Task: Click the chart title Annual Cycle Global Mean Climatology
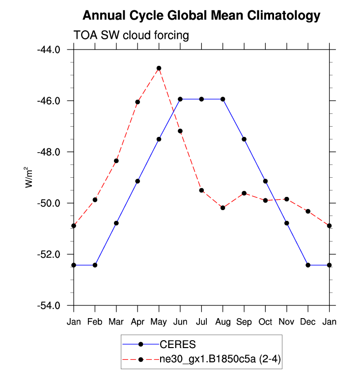(201, 16)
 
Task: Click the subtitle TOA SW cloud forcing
(131, 35)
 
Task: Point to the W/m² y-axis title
(29, 177)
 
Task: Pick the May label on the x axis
(159, 322)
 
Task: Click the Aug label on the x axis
(222, 322)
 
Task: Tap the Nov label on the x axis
(286, 322)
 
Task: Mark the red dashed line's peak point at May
(159, 68)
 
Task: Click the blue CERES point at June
(180, 99)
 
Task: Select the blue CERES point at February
(95, 265)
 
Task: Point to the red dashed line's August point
(222, 208)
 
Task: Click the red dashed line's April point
(138, 102)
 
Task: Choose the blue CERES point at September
(244, 139)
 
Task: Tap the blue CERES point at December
(308, 265)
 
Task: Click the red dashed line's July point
(201, 190)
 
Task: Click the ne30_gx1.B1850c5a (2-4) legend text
(217, 360)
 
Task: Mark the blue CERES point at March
(116, 223)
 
